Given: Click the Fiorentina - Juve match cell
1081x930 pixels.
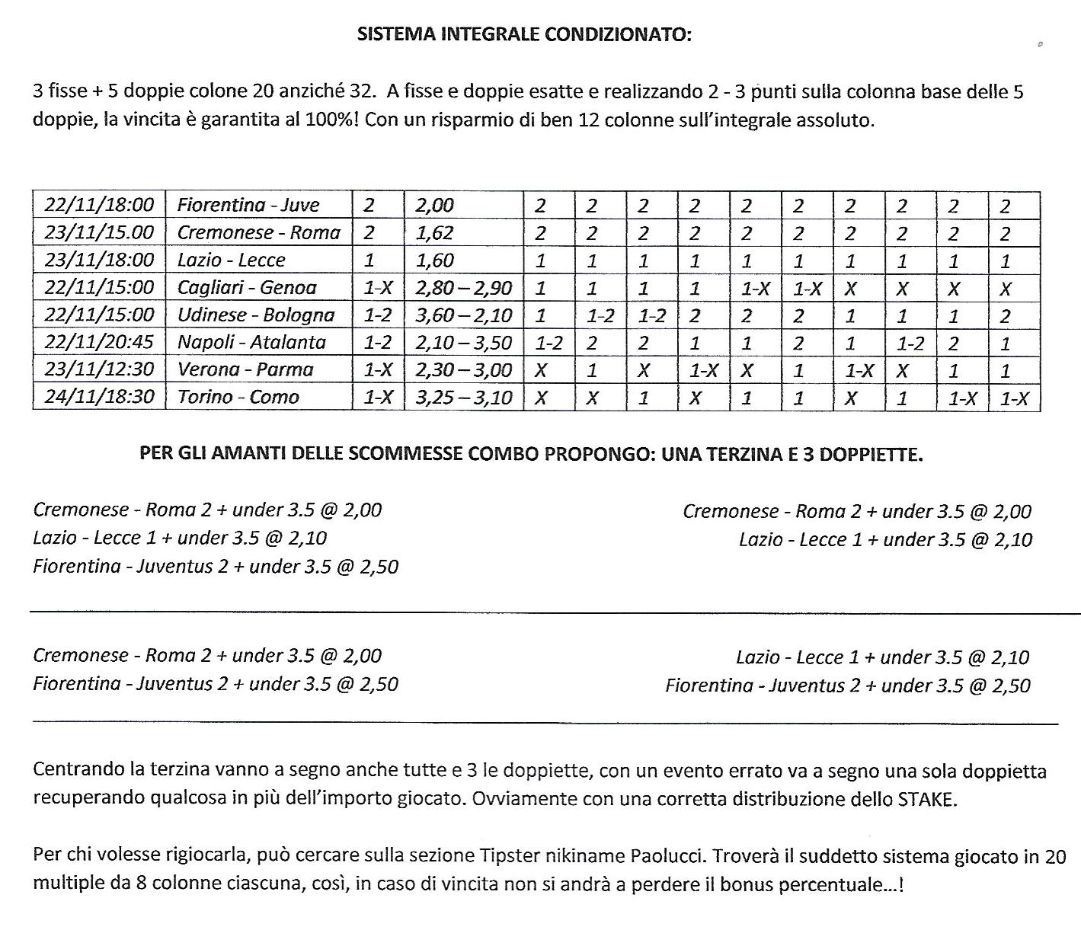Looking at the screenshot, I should [x=248, y=205].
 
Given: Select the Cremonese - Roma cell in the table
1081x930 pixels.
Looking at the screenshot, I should [x=258, y=232].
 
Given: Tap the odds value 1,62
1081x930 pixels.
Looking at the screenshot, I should [x=434, y=232].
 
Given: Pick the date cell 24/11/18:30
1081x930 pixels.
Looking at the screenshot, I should [x=99, y=397].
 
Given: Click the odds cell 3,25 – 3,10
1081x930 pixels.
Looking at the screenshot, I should [x=464, y=397].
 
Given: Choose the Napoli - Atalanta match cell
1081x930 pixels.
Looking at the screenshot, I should [x=251, y=342].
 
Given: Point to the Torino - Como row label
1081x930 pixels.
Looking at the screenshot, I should [x=238, y=397].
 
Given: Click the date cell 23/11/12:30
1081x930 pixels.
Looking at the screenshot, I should [x=99, y=369].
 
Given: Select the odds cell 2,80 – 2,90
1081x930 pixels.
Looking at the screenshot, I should [x=464, y=288].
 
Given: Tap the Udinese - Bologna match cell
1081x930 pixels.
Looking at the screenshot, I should [x=256, y=315].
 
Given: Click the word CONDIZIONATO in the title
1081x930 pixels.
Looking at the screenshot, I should [x=618, y=34].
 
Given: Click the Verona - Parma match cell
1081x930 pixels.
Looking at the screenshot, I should [x=245, y=369].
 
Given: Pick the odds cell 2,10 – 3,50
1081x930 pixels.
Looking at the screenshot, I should [x=464, y=342].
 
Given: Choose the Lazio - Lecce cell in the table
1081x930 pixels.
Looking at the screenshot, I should [x=231, y=260].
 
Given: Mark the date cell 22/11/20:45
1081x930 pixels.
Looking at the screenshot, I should [x=99, y=342].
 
